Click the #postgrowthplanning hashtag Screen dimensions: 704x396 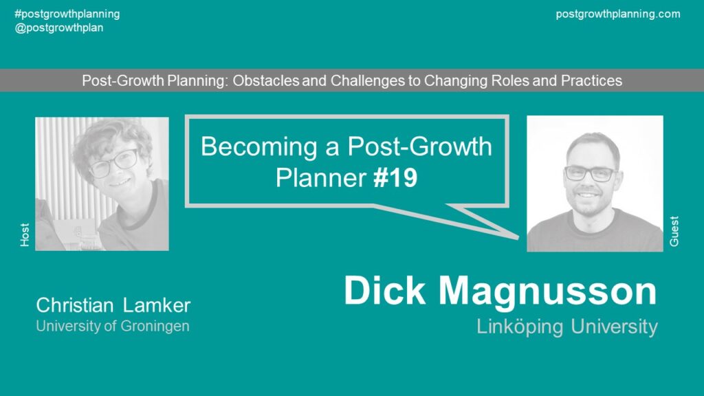click(x=67, y=14)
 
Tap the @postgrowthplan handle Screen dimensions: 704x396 click(x=59, y=27)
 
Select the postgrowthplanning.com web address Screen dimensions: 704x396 click(x=618, y=14)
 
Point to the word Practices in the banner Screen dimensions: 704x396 click(x=591, y=80)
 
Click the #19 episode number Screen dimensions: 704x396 click(x=395, y=178)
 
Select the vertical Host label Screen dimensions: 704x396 click(x=25, y=235)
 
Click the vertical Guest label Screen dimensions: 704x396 click(x=674, y=231)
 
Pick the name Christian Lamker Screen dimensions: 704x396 click(x=113, y=305)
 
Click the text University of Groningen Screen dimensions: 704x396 click(x=113, y=326)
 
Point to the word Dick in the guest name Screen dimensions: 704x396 click(x=384, y=291)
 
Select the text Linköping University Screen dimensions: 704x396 click(x=567, y=327)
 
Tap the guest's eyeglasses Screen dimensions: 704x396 click(x=590, y=173)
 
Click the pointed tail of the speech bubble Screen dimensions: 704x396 click(x=516, y=236)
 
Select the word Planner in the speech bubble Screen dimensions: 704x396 click(x=321, y=178)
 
